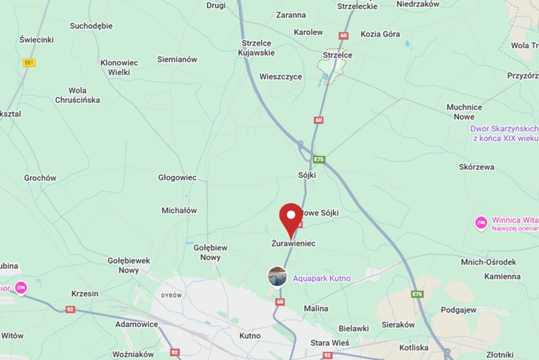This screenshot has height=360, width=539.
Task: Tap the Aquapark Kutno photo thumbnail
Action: (277, 277)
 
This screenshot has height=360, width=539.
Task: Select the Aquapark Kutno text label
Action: (321, 278)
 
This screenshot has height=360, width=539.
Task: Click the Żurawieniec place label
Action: (293, 244)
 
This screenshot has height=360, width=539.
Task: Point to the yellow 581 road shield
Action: (29, 63)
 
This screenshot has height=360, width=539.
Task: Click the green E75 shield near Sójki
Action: (319, 160)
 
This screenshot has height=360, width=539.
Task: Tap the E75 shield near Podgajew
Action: (418, 294)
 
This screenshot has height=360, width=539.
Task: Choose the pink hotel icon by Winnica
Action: (481, 223)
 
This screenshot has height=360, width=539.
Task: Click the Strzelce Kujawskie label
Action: (257, 48)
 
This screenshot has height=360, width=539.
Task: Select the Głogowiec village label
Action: (177, 178)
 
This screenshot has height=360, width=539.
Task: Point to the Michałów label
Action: (179, 211)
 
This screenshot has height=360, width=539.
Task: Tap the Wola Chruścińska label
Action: (77, 95)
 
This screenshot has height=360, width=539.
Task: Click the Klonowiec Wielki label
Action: (119, 68)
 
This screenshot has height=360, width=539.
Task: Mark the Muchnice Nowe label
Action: (464, 112)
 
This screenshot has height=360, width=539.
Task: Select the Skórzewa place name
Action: (476, 167)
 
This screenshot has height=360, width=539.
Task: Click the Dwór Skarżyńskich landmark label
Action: (504, 133)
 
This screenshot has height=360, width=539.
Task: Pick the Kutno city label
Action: (250, 336)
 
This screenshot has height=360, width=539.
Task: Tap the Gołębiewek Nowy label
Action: (129, 265)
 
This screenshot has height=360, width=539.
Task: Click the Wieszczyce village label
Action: (280, 77)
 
